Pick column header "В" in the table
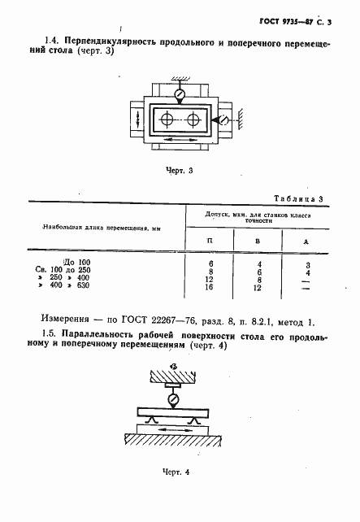click(x=258, y=241)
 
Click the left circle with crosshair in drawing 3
click(x=167, y=120)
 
